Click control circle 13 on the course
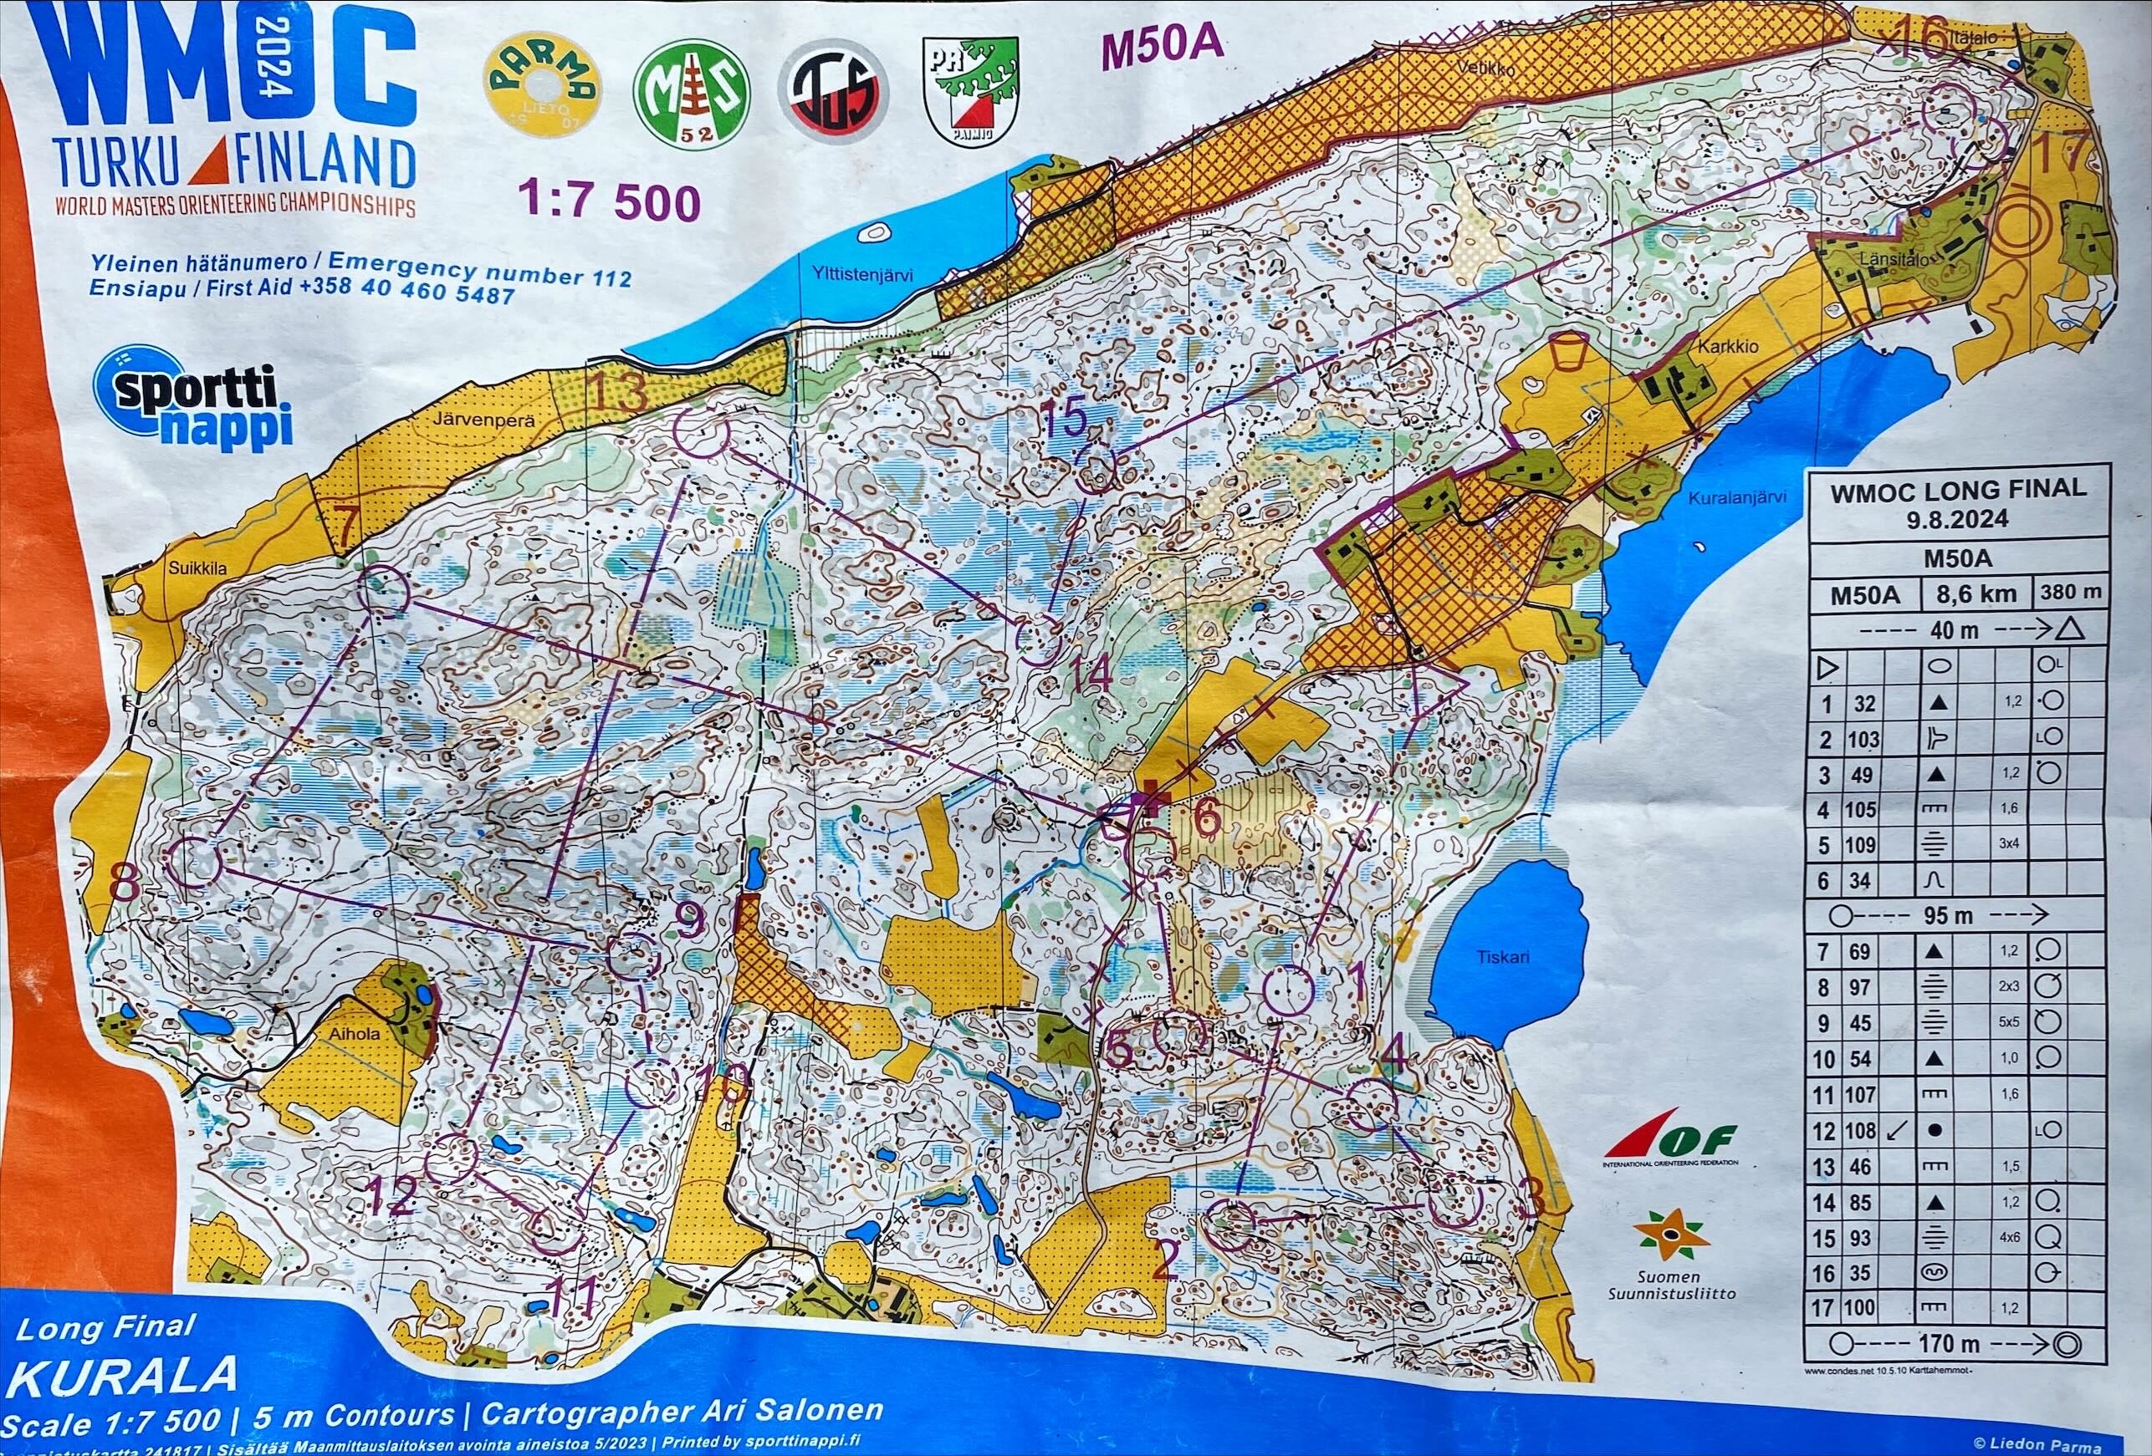pos(701,434)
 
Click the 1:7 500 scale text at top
pos(608,200)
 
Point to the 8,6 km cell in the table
pos(1976,594)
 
